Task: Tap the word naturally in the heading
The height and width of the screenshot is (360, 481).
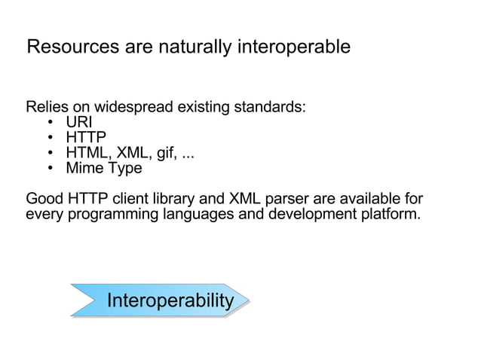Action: click(x=195, y=47)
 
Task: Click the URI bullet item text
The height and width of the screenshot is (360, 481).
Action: click(x=79, y=122)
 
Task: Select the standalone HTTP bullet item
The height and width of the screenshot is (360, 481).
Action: click(x=86, y=138)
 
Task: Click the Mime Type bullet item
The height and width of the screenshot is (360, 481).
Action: click(x=104, y=168)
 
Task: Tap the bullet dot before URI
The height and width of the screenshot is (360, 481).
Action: click(x=49, y=123)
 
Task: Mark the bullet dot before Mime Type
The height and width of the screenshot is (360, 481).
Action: click(x=49, y=169)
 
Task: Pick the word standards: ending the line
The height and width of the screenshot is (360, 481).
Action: click(x=269, y=107)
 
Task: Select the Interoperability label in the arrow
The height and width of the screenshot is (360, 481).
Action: click(x=170, y=301)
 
